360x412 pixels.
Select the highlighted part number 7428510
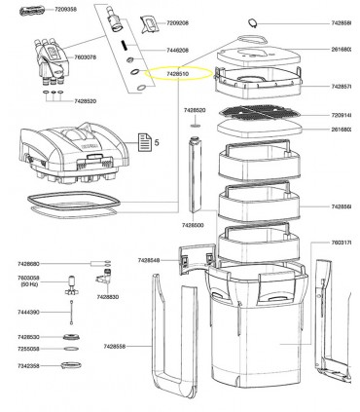point(179,73)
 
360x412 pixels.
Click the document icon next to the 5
point(143,143)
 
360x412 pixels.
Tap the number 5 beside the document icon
point(156,143)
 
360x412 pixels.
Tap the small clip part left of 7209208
point(149,22)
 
